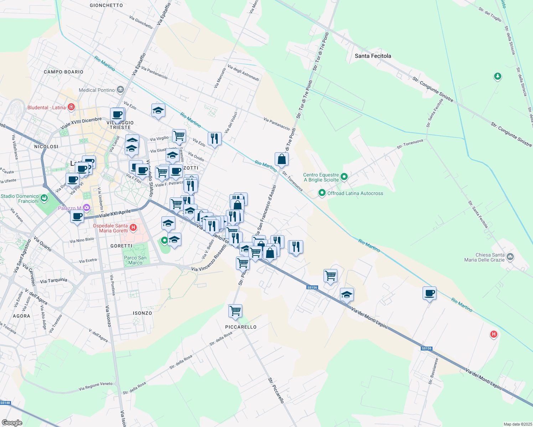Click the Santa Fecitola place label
[x=373, y=56]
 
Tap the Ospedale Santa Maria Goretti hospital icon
[x=133, y=227]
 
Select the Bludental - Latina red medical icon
[x=71, y=107]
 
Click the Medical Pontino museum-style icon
[x=120, y=89]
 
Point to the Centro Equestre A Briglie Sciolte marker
[x=344, y=176]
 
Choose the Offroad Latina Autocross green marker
[x=322, y=193]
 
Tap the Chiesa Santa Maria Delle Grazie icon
[x=510, y=257]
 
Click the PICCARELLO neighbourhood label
[x=241, y=327]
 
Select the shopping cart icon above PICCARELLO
[x=235, y=311]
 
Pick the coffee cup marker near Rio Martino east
[x=429, y=293]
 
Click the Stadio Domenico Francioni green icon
[x=44, y=198]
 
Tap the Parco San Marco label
[x=135, y=260]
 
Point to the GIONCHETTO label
[x=106, y=5]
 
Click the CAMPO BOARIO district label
[x=63, y=72]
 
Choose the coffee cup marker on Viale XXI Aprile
[x=77, y=216]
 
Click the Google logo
[x=12, y=422]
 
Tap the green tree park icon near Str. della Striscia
[x=498, y=76]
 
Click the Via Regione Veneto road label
[x=95, y=386]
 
